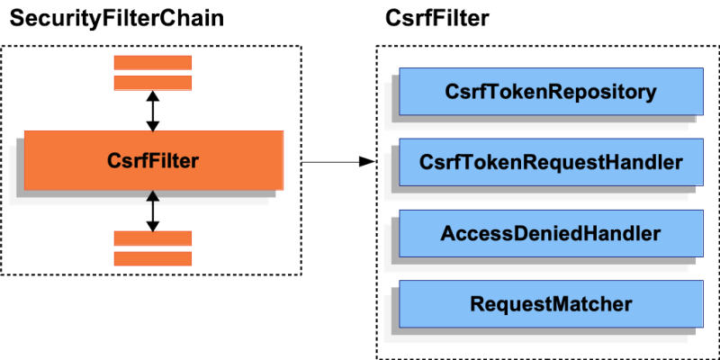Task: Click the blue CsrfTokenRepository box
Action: point(551,92)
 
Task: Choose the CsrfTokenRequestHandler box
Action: point(551,163)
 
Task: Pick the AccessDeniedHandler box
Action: point(551,234)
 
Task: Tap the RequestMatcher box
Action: point(551,304)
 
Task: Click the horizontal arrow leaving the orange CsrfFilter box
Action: point(328,162)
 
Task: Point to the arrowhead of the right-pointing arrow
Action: point(366,162)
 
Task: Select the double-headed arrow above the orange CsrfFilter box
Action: point(153,111)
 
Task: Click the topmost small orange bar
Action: point(153,62)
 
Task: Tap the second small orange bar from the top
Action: point(153,83)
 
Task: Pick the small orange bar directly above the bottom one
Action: point(153,238)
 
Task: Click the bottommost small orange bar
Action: point(153,258)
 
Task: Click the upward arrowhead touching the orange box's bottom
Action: point(153,196)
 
